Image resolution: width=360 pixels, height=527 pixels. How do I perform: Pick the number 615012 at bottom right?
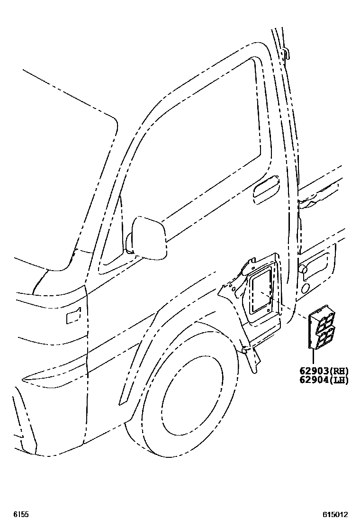(x=336, y=514)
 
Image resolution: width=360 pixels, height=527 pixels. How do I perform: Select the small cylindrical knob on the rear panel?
(x=302, y=269)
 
